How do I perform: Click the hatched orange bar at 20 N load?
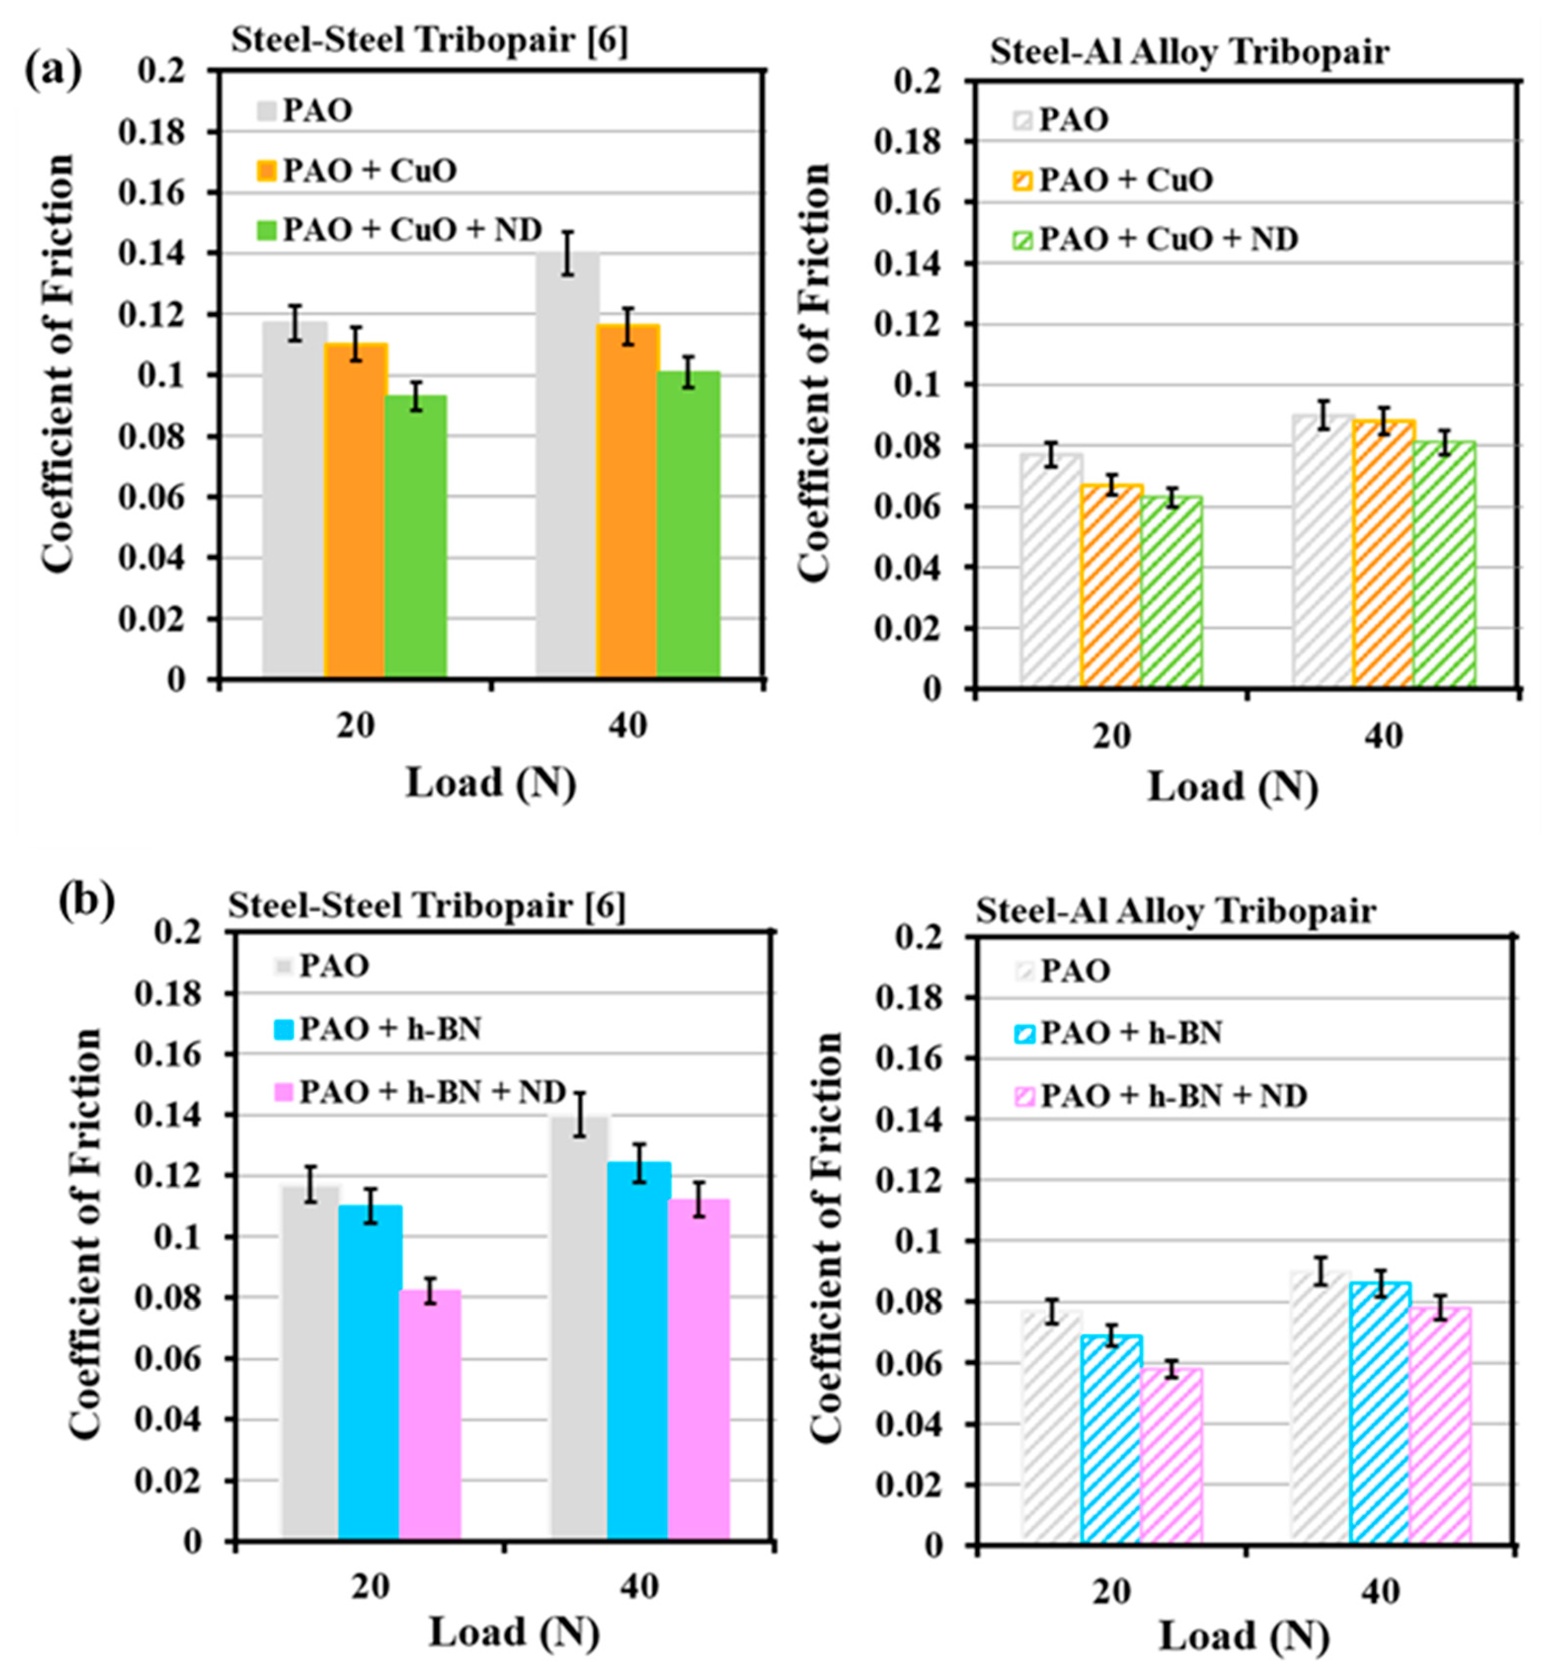coord(1111,586)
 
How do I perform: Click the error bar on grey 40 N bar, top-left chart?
coord(568,253)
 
